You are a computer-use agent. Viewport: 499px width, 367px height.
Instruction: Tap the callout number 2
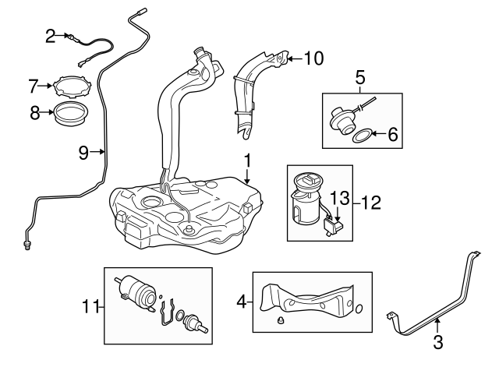coord(51,35)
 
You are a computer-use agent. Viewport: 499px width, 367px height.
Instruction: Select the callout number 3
coord(437,341)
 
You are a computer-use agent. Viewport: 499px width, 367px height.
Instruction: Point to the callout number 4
coord(240,298)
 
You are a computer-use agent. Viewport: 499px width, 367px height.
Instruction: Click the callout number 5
coord(360,77)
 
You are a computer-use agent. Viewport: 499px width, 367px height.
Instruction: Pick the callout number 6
coord(392,136)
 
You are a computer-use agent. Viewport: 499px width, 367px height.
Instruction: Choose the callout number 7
coord(34,84)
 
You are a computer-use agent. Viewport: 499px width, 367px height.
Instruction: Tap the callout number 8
coord(34,113)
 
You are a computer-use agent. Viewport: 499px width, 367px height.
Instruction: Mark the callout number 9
coord(83,152)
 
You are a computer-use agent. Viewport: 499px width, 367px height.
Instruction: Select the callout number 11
coord(90,306)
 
